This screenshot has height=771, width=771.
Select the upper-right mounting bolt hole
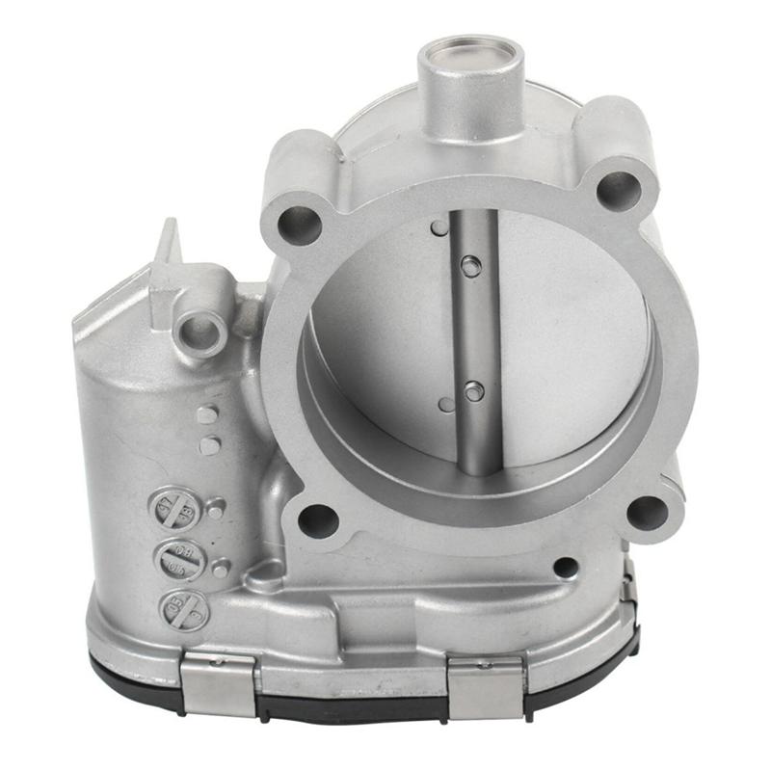619,190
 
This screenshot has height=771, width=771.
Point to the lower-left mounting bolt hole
318,521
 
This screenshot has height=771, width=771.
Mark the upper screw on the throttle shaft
470,267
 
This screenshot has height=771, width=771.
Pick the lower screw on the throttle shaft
473,391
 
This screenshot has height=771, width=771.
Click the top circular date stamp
177,508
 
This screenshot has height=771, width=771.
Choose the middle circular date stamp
179,560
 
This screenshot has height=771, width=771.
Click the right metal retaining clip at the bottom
486,686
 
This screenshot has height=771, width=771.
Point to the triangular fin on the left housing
168,247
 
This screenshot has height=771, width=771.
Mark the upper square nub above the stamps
207,415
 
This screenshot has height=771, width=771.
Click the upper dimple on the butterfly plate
439,228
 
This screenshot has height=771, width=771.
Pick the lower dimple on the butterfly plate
445,405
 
